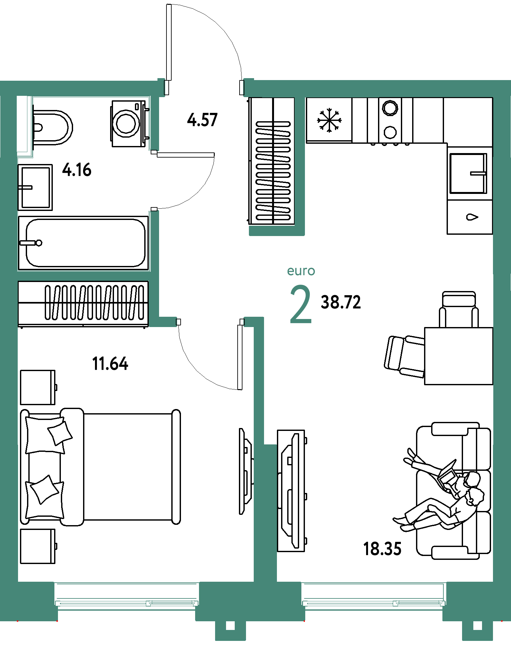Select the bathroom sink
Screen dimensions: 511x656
pyautogui.click(x=35, y=187)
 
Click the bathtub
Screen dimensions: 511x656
pyautogui.click(x=83, y=243)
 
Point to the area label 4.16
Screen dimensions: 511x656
pyautogui.click(x=77, y=170)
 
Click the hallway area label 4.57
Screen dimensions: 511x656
pyautogui.click(x=202, y=120)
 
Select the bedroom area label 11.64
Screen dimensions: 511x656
pyautogui.click(x=110, y=364)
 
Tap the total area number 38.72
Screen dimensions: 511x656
pyautogui.click(x=341, y=302)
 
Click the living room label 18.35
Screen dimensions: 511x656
pyautogui.click(x=382, y=549)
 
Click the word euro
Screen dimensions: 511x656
pyautogui.click(x=301, y=271)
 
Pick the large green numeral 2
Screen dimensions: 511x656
pyautogui.click(x=301, y=304)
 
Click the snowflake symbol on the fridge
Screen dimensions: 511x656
pyautogui.click(x=329, y=120)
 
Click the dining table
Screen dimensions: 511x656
pyautogui.click(x=459, y=356)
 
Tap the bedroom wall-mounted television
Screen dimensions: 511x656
pyautogui.click(x=246, y=471)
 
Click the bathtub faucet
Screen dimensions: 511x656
pyautogui.click(x=31, y=243)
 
